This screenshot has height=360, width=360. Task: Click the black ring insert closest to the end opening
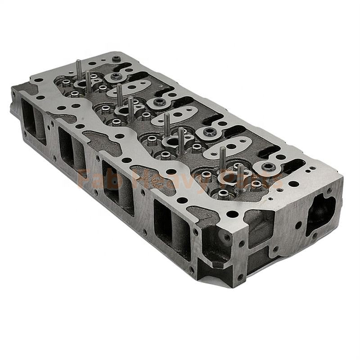269,167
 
